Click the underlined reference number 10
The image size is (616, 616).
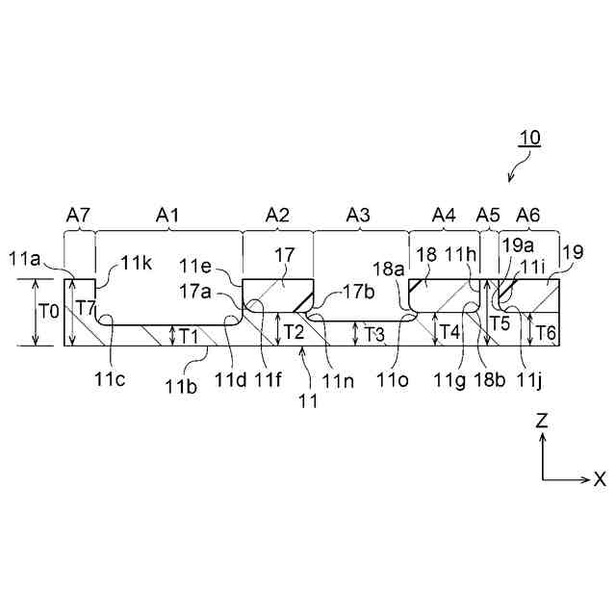[x=530, y=138]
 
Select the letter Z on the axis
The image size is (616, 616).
[x=543, y=420]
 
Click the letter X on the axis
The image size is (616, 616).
[x=599, y=478]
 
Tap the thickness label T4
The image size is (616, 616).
[x=449, y=332]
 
